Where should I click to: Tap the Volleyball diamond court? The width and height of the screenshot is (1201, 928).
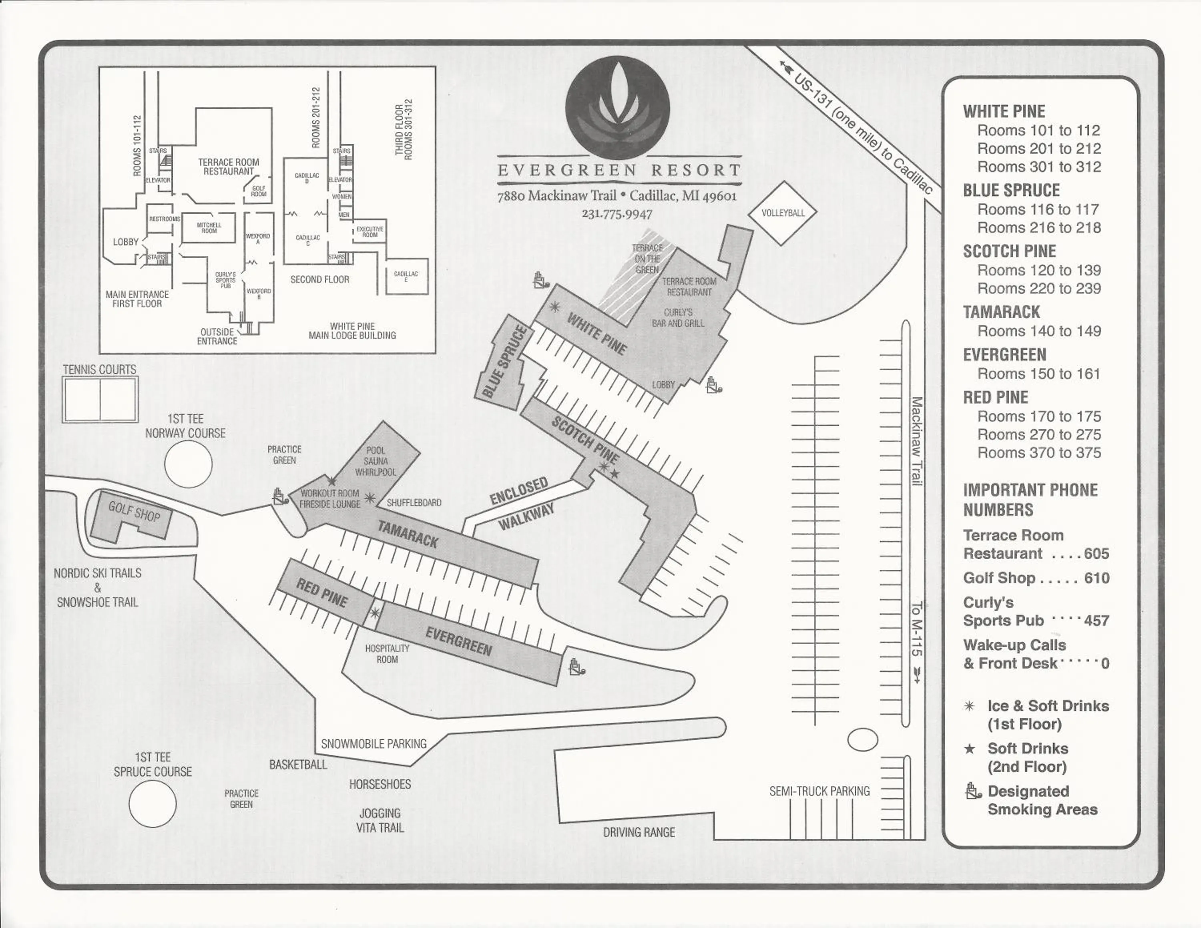[783, 213]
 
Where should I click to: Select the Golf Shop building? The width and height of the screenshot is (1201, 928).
[132, 515]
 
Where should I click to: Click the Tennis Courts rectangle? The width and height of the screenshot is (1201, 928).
[100, 399]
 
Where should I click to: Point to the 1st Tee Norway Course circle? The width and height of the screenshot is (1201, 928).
[188, 464]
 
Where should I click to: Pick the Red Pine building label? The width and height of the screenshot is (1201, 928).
[322, 593]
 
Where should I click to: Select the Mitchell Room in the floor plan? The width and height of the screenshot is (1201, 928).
[209, 227]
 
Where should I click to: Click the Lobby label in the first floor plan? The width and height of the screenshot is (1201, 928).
[125, 242]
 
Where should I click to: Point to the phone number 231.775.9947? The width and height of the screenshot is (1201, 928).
[617, 214]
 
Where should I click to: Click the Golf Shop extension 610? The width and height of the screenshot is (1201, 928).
[1097, 578]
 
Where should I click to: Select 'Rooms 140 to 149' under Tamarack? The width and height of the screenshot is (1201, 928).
[1039, 331]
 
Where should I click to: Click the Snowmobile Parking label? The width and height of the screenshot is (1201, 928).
[374, 744]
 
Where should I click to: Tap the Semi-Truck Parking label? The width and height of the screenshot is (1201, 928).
[819, 791]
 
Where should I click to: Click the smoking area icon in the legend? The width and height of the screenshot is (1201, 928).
[973, 791]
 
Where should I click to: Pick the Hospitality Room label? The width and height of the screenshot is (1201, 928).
[387, 654]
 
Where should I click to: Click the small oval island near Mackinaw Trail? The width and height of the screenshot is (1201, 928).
[862, 739]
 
